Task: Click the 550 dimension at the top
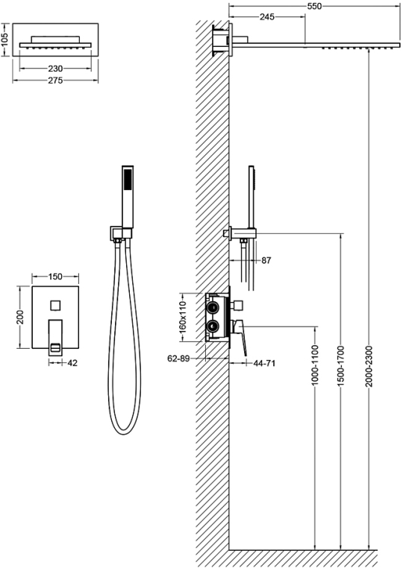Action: [x=314, y=6]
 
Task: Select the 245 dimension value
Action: [x=267, y=16]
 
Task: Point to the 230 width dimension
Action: [x=55, y=68]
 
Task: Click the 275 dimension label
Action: [x=55, y=81]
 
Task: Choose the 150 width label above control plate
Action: [x=55, y=277]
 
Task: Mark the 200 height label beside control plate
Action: [x=20, y=317]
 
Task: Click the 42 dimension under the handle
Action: [x=72, y=362]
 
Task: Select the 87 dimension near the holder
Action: [x=266, y=260]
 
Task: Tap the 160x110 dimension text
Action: [x=182, y=317]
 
